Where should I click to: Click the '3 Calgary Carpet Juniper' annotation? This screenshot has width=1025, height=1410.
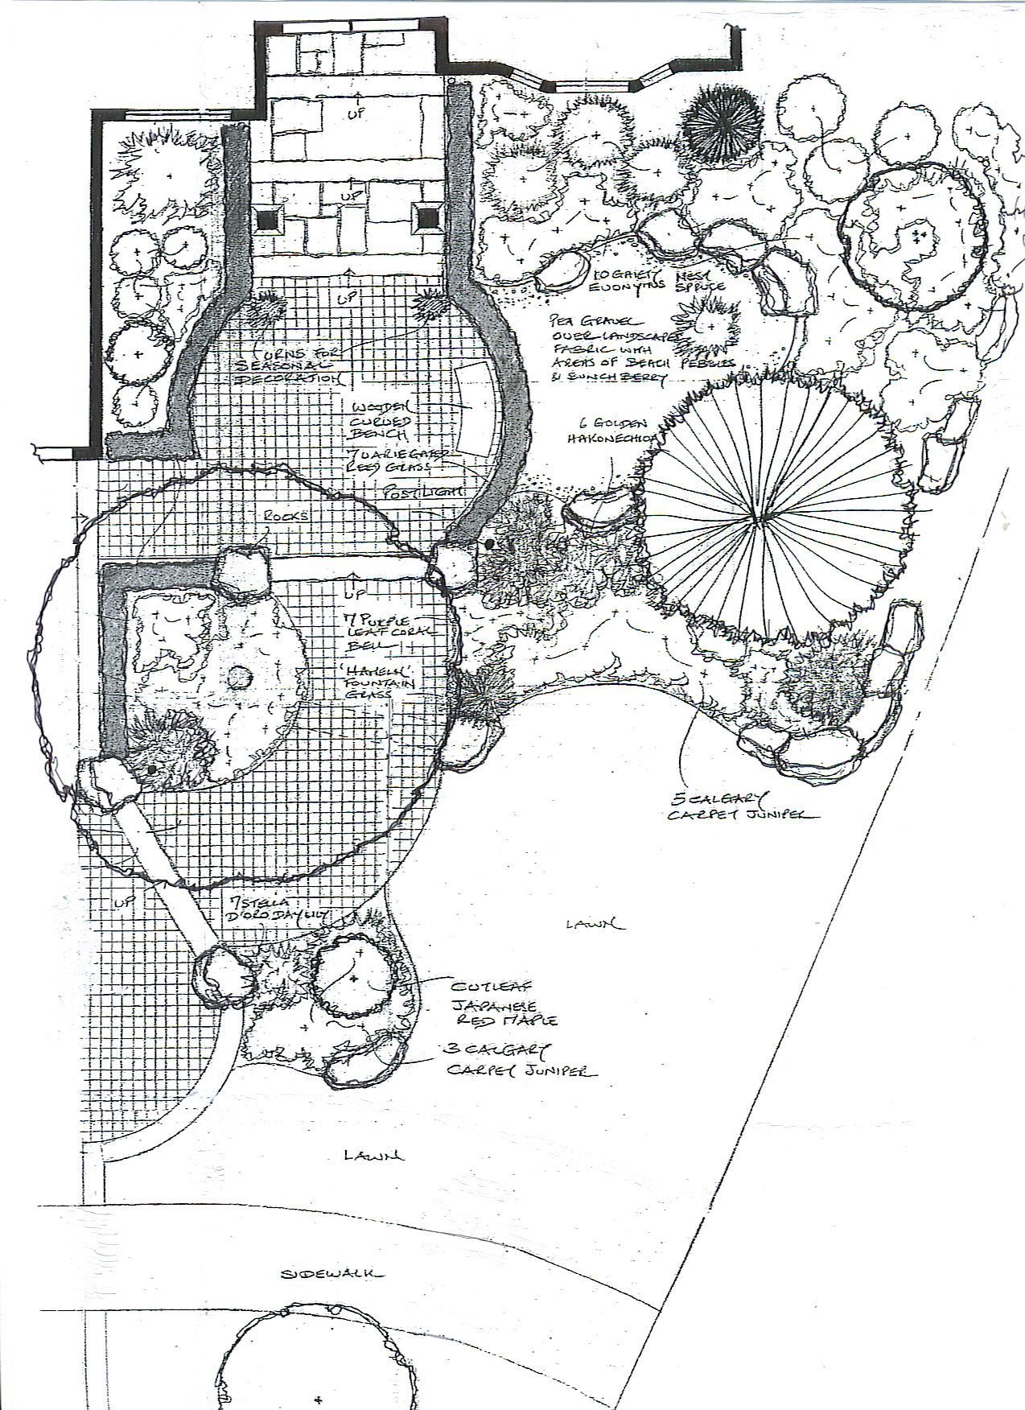523,1061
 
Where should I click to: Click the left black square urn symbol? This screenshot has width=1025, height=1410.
266,217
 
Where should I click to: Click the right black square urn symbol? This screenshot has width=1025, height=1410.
425,215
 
